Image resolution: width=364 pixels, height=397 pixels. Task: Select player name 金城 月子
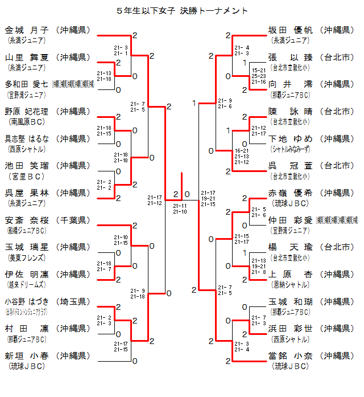(x=27, y=30)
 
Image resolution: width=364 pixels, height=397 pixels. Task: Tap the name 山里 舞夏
(x=27, y=58)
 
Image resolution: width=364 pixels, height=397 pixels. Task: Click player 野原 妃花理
(x=27, y=112)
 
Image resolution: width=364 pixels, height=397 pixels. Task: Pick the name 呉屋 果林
(x=27, y=193)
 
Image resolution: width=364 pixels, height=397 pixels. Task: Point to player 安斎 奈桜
(x=27, y=220)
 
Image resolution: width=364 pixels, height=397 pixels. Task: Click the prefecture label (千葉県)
(x=75, y=220)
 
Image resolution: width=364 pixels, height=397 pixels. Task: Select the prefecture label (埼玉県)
(x=75, y=301)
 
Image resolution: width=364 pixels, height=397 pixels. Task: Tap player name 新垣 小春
(x=27, y=356)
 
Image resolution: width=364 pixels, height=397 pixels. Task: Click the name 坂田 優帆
(x=291, y=30)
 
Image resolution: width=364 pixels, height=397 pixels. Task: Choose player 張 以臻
(x=291, y=58)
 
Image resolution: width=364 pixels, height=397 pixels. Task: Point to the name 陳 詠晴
(x=291, y=112)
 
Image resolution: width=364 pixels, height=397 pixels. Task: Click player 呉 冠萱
(x=291, y=166)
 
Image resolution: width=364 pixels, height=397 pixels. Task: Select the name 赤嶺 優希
(x=291, y=193)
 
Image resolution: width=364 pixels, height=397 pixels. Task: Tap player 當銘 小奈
(x=291, y=356)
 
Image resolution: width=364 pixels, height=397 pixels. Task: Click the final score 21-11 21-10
(x=180, y=208)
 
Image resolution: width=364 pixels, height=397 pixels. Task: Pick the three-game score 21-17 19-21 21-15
(x=208, y=199)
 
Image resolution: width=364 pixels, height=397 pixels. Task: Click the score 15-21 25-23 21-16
(x=259, y=76)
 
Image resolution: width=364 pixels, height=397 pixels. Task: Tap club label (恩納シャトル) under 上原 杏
(x=291, y=284)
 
